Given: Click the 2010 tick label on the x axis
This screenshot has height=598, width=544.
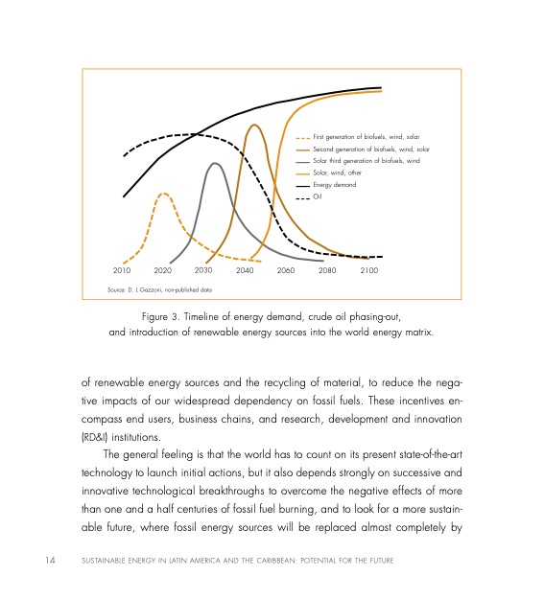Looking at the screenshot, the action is coord(122,271).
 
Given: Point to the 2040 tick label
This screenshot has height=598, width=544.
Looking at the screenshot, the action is coord(245,271).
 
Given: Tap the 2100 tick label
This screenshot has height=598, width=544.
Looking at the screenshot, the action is coord(368,271).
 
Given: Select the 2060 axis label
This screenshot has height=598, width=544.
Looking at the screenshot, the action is coord(286,271).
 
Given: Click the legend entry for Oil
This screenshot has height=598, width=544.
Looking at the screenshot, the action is coord(320,196).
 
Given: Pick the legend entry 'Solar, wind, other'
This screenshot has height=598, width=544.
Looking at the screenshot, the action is coord(342,172).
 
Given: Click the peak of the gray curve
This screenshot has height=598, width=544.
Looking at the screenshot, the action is coord(215,163).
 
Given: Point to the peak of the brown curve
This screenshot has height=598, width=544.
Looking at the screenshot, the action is coord(254,125).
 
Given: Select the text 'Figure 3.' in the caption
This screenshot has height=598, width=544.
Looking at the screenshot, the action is coord(162,317).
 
